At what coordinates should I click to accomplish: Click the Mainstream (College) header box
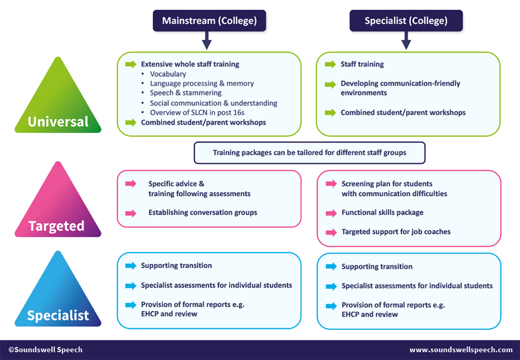coord(209,21)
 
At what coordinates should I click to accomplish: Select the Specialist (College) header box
coord(406,21)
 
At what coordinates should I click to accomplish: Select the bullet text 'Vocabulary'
coord(168,74)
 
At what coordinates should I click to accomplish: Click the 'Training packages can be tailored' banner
coord(309,153)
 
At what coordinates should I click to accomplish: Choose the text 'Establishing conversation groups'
coord(202,213)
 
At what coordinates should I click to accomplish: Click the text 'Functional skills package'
coord(382,213)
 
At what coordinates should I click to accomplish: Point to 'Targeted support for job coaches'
coord(396,232)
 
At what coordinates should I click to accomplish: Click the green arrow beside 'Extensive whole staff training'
coord(130,64)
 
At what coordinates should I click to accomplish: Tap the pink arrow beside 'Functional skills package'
coord(331,213)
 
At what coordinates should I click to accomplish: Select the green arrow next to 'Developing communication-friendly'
coord(331,84)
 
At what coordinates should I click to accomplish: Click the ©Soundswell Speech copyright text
coord(45,350)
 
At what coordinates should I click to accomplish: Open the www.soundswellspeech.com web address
coord(461,350)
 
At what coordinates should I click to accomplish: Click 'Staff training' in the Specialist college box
coord(362,64)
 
